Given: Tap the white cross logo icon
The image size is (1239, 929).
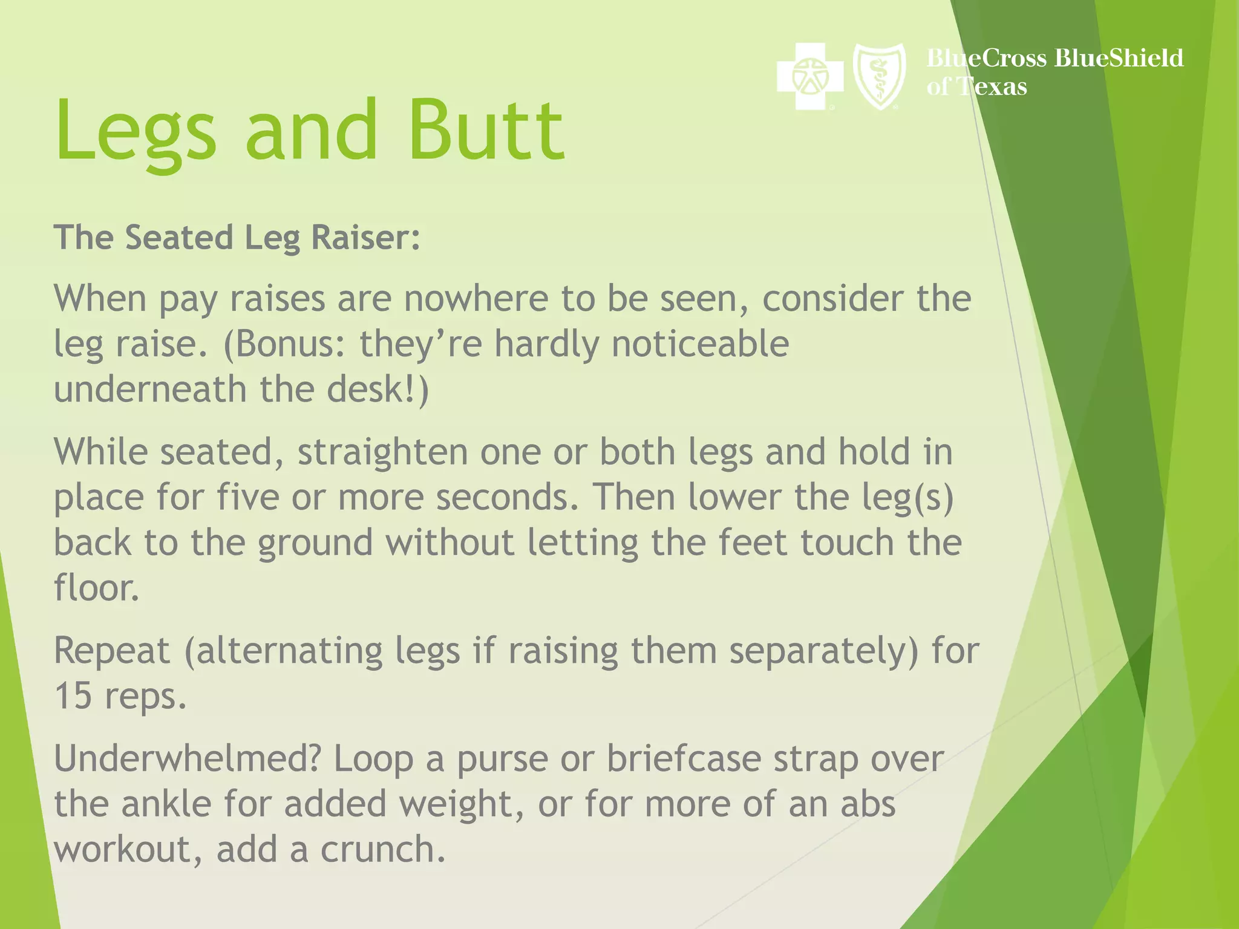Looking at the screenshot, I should [809, 76].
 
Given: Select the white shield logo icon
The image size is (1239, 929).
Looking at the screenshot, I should [879, 76].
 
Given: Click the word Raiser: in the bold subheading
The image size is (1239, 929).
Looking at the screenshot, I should [365, 237].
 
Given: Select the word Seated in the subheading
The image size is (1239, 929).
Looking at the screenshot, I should [178, 237].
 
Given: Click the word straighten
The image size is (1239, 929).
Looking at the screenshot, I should [382, 452].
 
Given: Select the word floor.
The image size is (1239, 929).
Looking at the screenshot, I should [96, 587].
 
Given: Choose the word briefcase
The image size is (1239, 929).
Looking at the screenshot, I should [684, 758].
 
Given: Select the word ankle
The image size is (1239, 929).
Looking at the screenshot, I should [166, 804].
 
